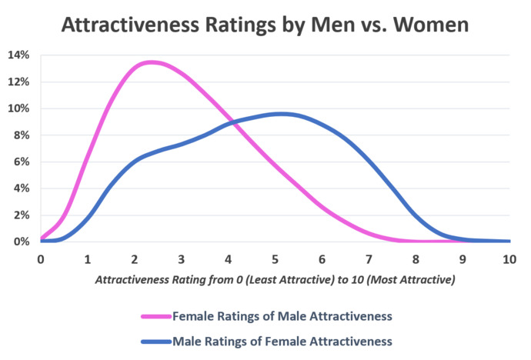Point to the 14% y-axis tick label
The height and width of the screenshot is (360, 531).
click(x=18, y=55)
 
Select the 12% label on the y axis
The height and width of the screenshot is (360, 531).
click(x=18, y=82)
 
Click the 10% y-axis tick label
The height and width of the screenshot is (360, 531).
click(x=18, y=108)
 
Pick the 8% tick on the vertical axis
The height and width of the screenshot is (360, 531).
click(x=22, y=135)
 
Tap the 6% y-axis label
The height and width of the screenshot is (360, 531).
click(x=22, y=162)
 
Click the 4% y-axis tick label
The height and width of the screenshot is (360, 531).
click(x=22, y=188)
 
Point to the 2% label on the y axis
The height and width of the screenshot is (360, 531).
click(x=22, y=215)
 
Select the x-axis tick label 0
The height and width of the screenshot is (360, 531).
click(x=41, y=259)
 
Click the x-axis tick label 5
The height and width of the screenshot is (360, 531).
click(x=276, y=259)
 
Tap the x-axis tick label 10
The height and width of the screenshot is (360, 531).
click(x=509, y=259)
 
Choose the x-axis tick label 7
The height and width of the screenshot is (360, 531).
click(x=369, y=259)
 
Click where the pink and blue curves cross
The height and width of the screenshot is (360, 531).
click(x=230, y=122)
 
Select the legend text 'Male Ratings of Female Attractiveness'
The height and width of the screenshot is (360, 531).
click(x=282, y=339)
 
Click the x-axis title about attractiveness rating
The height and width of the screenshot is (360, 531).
click(x=275, y=281)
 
